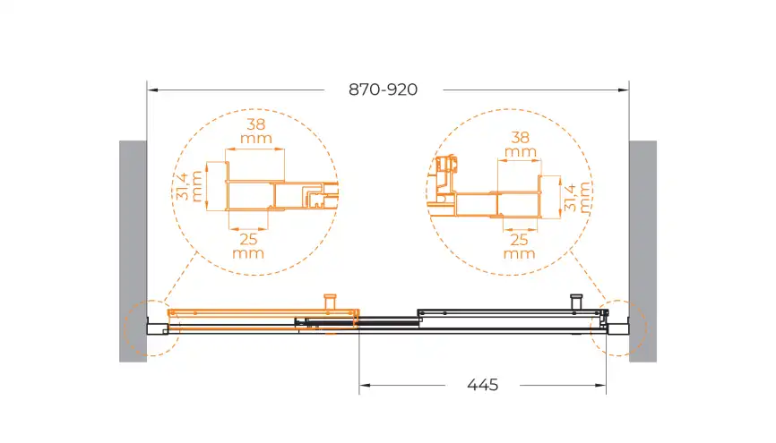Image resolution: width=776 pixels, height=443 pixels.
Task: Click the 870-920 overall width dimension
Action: pyautogui.click(x=383, y=89)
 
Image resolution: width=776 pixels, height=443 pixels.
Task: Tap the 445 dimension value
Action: pyautogui.click(x=482, y=385)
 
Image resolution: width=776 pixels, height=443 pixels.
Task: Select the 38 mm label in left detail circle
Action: pyautogui.click(x=256, y=131)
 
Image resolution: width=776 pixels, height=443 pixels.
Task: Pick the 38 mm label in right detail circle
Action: pyautogui.click(x=520, y=144)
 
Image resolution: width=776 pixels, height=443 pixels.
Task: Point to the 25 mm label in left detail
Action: pyautogui.click(x=248, y=246)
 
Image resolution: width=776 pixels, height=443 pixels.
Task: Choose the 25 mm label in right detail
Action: pyautogui.click(x=519, y=247)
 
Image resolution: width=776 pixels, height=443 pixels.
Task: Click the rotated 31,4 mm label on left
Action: pyautogui.click(x=190, y=186)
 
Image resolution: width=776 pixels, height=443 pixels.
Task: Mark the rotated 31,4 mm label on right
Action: pyautogui.click(x=577, y=197)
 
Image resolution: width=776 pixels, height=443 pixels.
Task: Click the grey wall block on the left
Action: pyautogui.click(x=133, y=251)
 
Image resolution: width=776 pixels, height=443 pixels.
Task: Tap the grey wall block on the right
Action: pyautogui.click(x=642, y=251)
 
